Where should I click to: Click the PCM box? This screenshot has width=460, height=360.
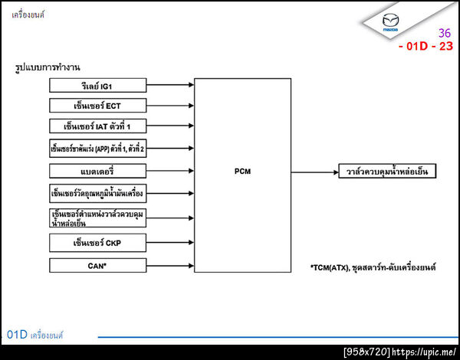242,171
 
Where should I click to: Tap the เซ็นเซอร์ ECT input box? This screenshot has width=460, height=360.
97,105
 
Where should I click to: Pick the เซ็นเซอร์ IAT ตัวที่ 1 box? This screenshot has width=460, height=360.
97,126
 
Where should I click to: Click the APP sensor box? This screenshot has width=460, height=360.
97,149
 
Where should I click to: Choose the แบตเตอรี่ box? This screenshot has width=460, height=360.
97,170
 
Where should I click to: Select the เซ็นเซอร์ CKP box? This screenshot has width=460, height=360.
97,244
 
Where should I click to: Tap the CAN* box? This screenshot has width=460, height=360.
97,266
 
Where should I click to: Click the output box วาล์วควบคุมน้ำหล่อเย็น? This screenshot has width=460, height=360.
388,171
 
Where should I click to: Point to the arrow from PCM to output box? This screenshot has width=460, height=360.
314,171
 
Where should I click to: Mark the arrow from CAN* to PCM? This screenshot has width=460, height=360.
169,266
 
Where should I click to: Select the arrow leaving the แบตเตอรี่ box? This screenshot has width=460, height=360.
169,170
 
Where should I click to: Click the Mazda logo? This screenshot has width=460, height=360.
391,22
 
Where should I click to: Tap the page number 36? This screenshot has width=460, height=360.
445,33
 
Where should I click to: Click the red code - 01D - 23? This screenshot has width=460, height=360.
426,46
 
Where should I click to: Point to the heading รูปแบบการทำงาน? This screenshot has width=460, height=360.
48,68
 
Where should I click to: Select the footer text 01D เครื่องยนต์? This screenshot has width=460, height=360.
35,335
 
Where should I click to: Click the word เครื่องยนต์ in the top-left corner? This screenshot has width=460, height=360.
28,13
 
